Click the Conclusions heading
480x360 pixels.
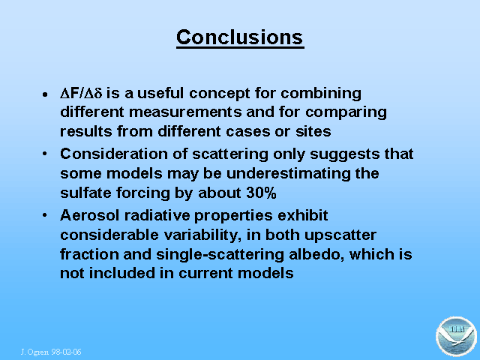240,37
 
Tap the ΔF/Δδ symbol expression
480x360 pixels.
81,93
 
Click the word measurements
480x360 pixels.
185,112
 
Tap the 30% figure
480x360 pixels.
261,193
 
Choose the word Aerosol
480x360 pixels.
89,215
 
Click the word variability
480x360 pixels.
202,235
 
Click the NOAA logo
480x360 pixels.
456,337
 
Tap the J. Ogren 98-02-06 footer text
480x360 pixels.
51,352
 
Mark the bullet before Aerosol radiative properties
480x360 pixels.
45,215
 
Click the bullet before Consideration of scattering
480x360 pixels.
45,154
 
